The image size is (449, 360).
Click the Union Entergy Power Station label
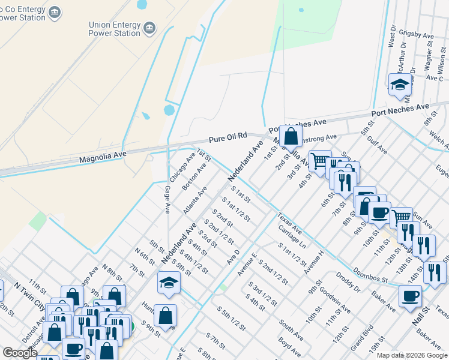114,29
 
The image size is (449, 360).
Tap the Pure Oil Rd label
228,139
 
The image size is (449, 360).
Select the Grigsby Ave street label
420,37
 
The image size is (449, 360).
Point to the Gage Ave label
167,199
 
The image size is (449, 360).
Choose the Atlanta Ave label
195,200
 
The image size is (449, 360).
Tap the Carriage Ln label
292,237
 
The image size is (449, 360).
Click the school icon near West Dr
399,85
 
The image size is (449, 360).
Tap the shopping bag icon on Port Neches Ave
291,136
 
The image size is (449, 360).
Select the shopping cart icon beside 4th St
321,160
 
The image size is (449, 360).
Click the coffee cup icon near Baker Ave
411,296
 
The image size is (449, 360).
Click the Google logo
20,353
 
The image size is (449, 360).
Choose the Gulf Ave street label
378,145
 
